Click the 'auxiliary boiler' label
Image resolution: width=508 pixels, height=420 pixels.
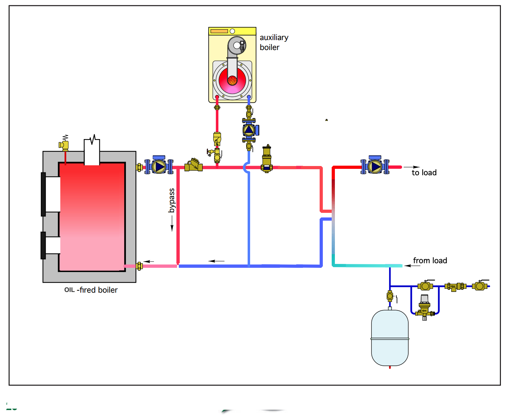click(274, 42)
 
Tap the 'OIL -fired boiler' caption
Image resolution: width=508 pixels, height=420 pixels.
click(91, 290)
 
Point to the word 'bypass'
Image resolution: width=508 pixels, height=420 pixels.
click(172, 200)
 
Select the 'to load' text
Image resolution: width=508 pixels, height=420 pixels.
click(424, 172)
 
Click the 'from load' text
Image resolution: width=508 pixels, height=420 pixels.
click(430, 260)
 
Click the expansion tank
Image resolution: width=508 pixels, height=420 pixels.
click(390, 338)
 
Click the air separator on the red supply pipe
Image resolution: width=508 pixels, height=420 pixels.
click(267, 159)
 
